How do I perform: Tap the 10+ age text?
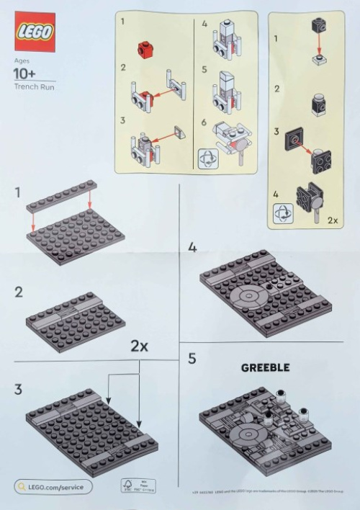[26, 74]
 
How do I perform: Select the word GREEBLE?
[265, 367]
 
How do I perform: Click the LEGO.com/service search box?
[53, 487]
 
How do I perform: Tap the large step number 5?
[192, 358]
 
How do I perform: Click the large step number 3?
[18, 390]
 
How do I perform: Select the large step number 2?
[18, 292]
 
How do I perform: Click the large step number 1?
[17, 192]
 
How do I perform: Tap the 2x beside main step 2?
[140, 346]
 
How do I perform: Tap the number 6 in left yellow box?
[204, 122]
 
